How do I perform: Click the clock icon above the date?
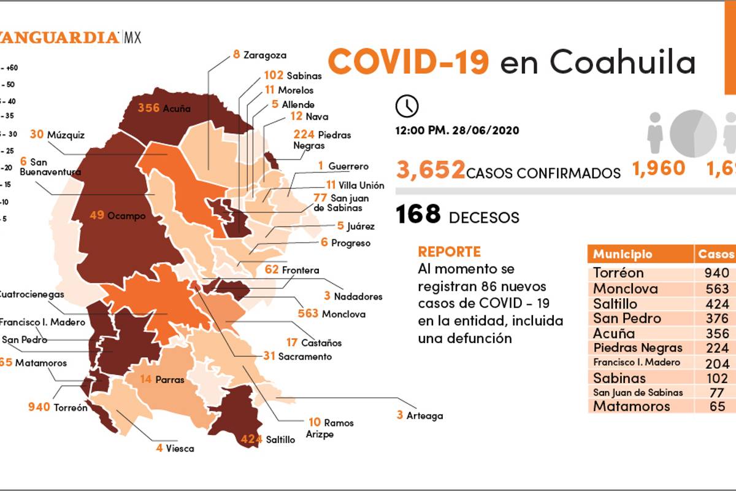407,106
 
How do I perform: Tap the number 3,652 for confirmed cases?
431,169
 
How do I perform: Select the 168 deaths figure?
418,215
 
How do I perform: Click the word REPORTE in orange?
449,252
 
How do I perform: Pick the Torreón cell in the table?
618,273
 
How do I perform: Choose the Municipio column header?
623,254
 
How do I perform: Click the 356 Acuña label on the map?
164,109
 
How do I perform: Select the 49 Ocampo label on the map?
118,215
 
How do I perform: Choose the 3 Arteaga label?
420,416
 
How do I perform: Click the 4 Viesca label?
175,448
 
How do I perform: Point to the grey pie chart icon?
693,133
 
